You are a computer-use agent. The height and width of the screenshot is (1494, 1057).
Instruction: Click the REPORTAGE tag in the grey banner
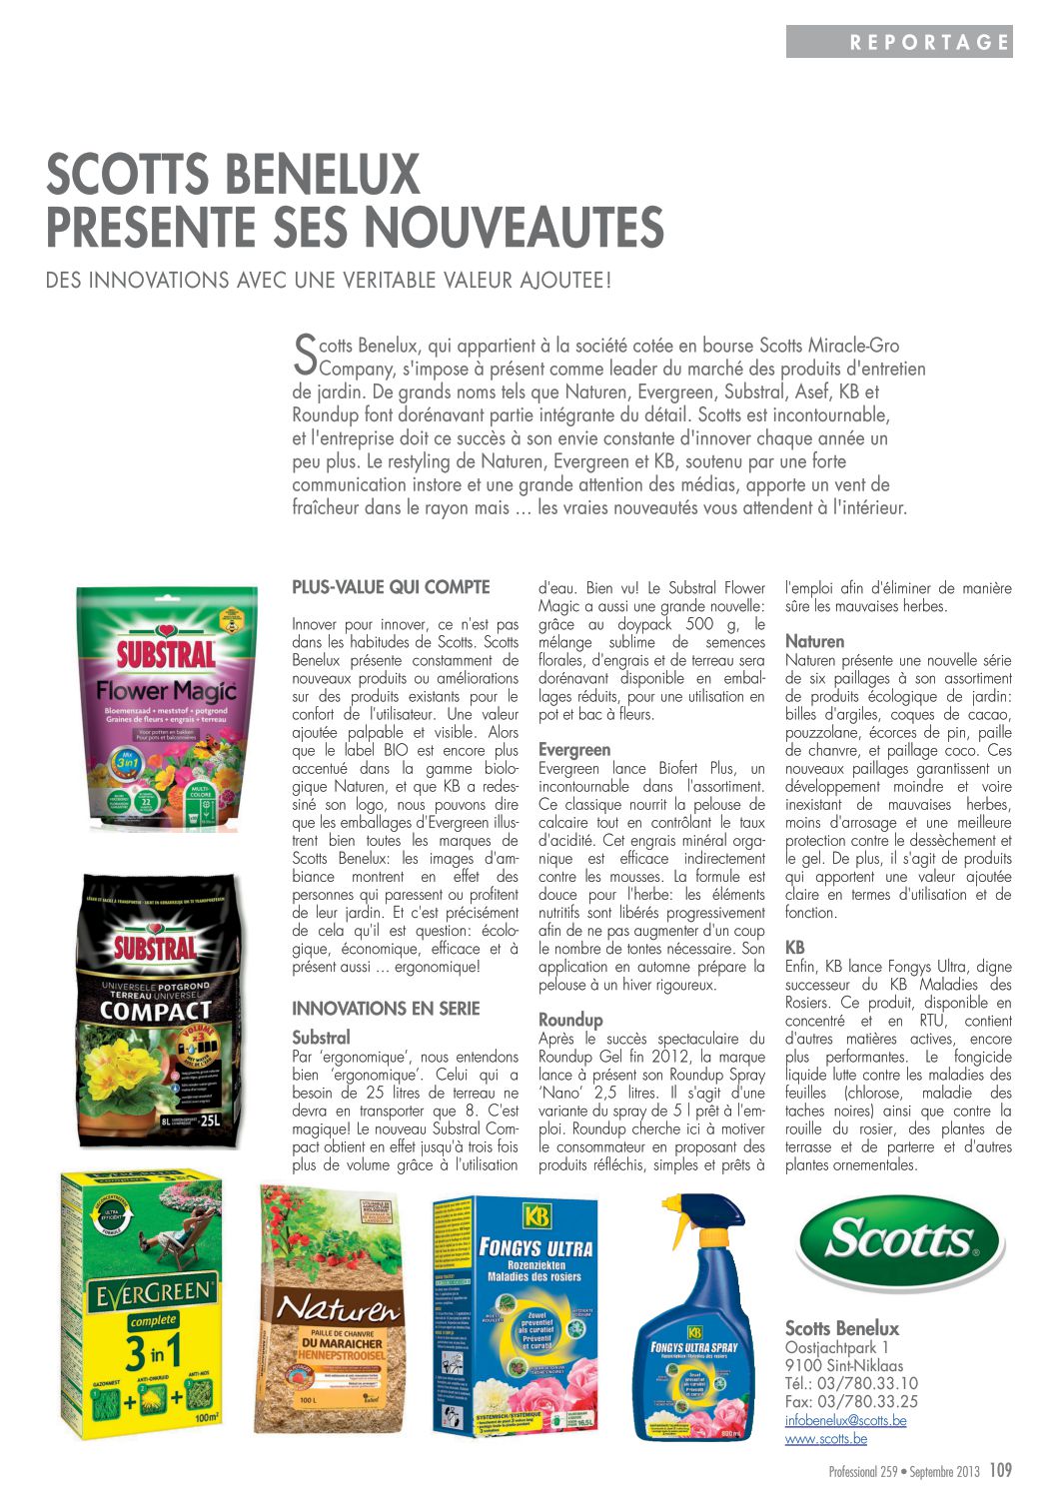click(929, 42)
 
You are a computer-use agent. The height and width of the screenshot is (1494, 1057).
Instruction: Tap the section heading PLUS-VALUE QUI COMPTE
click(391, 587)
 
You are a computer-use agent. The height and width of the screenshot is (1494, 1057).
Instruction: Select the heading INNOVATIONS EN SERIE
click(386, 1009)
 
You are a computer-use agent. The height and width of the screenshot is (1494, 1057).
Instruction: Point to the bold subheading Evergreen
click(574, 750)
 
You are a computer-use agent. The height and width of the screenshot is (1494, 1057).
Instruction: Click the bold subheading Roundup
click(570, 1020)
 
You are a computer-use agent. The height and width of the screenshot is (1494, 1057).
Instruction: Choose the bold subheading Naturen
click(814, 641)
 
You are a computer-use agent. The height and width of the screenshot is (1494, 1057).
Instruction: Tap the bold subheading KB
click(795, 947)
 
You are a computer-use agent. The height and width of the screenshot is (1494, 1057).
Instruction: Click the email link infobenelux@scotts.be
click(845, 1420)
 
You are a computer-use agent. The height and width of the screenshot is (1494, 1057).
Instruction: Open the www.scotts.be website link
click(825, 1439)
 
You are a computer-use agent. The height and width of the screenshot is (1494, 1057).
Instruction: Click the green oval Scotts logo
click(899, 1243)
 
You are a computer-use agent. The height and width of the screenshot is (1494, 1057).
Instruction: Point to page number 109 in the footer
click(1000, 1470)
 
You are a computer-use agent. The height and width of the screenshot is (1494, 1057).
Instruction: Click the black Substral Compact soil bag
click(160, 1009)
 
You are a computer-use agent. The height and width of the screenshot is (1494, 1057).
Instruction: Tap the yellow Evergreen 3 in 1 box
click(141, 1303)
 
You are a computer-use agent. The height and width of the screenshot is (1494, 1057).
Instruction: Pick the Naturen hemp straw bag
click(331, 1309)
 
